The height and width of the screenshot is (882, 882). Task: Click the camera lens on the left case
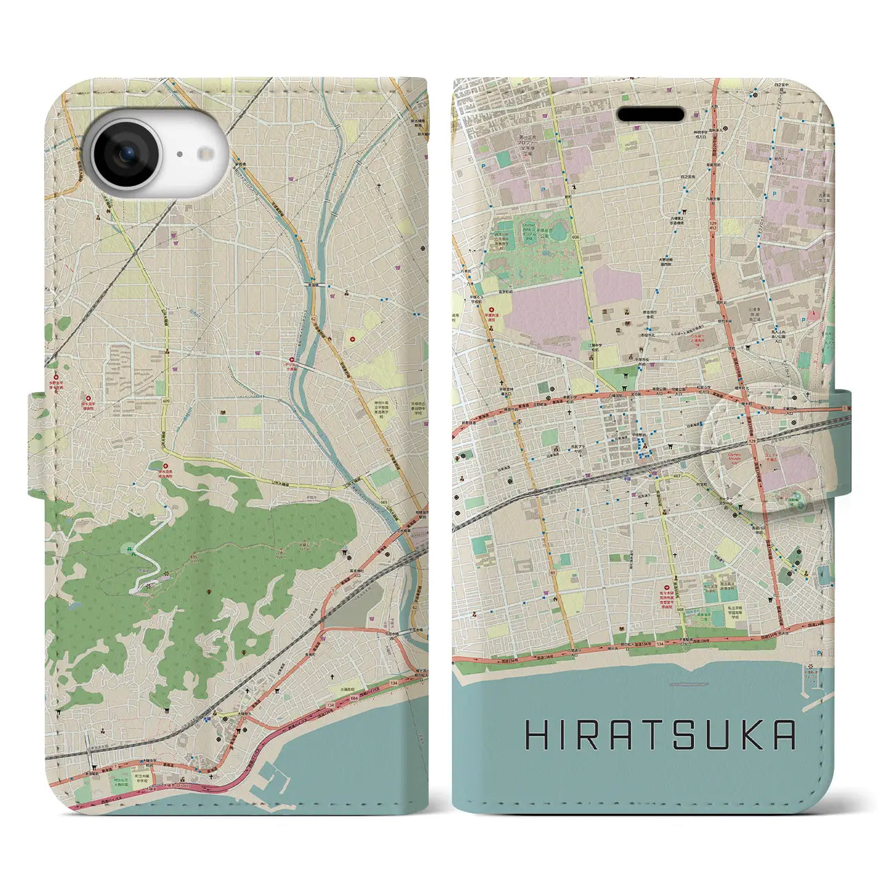tap(126, 154)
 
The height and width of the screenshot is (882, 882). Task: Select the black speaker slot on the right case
tap(650, 114)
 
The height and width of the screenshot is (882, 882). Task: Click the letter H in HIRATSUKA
tap(537, 736)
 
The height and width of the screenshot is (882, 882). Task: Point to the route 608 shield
tap(679, 611)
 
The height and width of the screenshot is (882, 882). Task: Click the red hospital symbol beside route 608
tap(666, 588)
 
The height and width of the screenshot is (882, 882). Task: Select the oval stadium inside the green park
tap(559, 231)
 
